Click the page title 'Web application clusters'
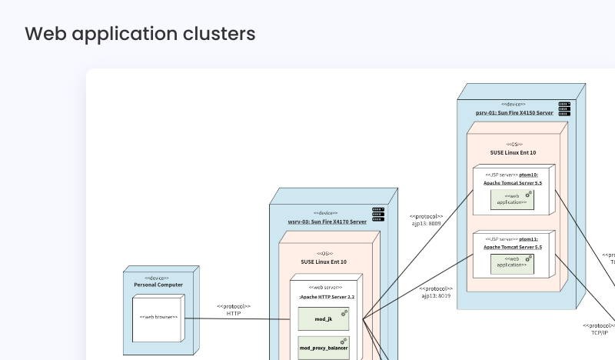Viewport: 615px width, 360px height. pos(140,34)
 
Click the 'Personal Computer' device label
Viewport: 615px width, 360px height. pos(158,285)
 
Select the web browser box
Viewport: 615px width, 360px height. pos(158,317)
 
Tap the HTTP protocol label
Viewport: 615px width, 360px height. pos(234,314)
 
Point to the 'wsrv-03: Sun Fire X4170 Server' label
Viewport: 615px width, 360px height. pos(327,222)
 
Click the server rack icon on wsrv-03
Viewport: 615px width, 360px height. pos(378,211)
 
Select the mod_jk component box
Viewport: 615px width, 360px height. pos(324,318)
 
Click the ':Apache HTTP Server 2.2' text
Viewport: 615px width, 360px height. pos(327,296)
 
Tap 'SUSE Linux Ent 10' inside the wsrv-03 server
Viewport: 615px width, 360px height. pos(326,262)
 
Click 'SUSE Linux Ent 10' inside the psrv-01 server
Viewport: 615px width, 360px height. pos(514,152)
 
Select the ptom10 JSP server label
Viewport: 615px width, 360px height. pos(513,175)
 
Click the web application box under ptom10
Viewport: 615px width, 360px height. pos(513,199)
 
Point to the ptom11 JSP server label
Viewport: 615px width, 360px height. pos(513,239)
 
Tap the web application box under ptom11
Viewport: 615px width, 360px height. pos(513,264)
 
